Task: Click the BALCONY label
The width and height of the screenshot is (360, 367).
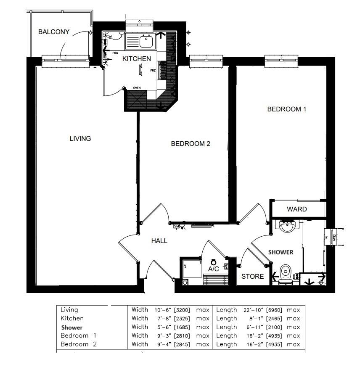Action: pyautogui.click(x=53, y=32)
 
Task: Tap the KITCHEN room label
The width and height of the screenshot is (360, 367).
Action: pyautogui.click(x=136, y=59)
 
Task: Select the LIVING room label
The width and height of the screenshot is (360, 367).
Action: pyautogui.click(x=80, y=138)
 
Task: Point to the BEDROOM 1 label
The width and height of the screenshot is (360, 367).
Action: pyautogui.click(x=287, y=109)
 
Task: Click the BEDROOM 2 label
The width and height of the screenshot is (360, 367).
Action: pyautogui.click(x=190, y=144)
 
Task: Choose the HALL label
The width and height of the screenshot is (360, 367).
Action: pyautogui.click(x=159, y=241)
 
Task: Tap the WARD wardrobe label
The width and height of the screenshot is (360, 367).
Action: pyautogui.click(x=296, y=209)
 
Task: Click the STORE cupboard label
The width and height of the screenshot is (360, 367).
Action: pyautogui.click(x=252, y=276)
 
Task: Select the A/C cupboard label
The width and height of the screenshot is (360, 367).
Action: pyautogui.click(x=214, y=269)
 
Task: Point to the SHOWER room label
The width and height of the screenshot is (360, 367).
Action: pyautogui.click(x=281, y=252)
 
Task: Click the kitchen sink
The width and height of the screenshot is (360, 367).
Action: pyautogui.click(x=146, y=41)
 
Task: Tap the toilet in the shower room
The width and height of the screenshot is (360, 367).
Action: pyautogui.click(x=286, y=273)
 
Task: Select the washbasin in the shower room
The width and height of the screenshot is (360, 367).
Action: pyautogui.click(x=287, y=227)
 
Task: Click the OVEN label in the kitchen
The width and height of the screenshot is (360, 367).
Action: pyautogui.click(x=137, y=88)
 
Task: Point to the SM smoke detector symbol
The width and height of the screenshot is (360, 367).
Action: pyautogui.click(x=176, y=227)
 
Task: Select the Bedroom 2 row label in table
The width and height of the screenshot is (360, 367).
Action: pyautogui.click(x=79, y=344)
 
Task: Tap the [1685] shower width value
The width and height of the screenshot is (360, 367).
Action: pyautogui.click(x=181, y=327)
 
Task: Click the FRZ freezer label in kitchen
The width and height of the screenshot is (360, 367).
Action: pyautogui.click(x=153, y=71)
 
